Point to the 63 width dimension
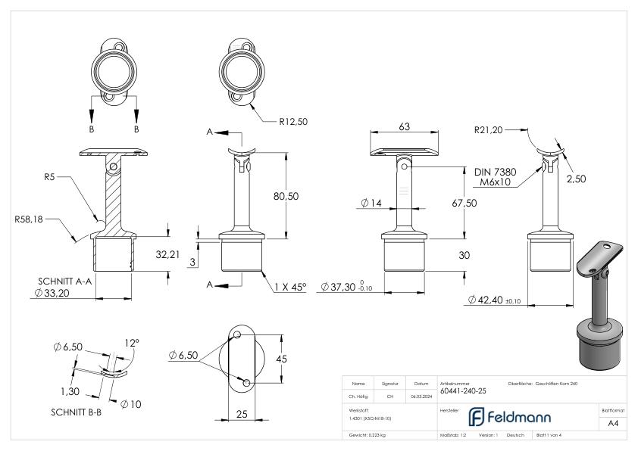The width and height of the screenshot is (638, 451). tap(405, 126)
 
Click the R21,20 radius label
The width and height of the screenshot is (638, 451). tap(488, 129)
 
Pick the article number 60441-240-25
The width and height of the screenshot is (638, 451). tap(462, 391)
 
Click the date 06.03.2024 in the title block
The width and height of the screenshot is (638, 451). tap(420, 395)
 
